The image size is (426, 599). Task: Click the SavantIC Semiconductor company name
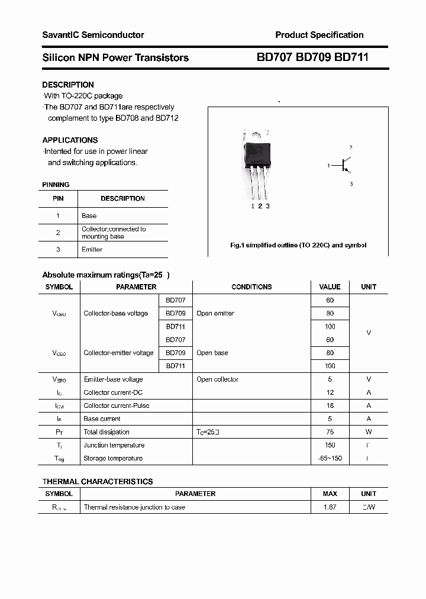(93, 35)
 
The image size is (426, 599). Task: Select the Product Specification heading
(319, 35)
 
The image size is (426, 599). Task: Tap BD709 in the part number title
(312, 57)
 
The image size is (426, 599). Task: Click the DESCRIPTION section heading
(68, 85)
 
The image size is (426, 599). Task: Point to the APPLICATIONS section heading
(70, 140)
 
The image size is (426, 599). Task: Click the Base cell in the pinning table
(89, 216)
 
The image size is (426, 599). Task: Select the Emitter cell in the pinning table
(92, 250)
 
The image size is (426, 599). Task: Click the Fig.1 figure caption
(298, 245)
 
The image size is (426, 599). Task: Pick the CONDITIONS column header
(251, 287)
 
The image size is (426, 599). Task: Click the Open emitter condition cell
(215, 313)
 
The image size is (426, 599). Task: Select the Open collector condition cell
(217, 379)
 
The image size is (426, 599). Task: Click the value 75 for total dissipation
(330, 432)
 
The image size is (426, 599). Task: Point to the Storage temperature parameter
(113, 459)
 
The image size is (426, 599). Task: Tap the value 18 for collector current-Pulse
(330, 406)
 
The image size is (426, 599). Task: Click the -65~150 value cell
(330, 459)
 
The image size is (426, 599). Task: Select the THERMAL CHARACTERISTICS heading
(98, 482)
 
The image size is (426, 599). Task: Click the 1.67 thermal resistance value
(330, 507)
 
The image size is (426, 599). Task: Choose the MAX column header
(330, 494)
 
